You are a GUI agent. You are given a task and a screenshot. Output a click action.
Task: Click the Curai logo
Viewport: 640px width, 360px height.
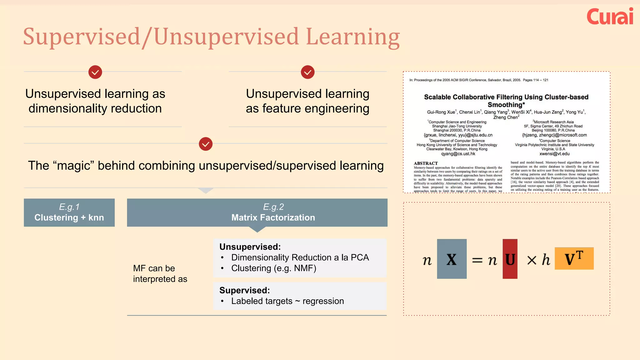610,17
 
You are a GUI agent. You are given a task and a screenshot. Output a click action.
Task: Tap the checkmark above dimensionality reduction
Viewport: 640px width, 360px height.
95,72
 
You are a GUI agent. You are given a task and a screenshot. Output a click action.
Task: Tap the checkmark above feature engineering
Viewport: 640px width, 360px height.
307,72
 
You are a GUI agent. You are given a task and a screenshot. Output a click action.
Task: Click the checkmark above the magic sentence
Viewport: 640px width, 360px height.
206,144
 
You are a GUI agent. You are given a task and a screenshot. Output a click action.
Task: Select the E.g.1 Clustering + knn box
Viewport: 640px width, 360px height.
69,212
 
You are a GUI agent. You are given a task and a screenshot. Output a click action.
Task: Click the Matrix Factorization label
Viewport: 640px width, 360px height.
273,217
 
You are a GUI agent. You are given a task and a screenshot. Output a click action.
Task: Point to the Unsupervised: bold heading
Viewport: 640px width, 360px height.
250,247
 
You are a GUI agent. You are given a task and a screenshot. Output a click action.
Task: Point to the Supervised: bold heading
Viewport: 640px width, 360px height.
244,290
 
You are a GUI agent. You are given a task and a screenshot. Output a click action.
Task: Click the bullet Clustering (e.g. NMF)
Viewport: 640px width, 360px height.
273,268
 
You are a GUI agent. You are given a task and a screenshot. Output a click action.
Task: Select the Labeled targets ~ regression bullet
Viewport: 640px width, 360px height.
287,301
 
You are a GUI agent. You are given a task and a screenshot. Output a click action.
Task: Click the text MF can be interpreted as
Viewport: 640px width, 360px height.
160,273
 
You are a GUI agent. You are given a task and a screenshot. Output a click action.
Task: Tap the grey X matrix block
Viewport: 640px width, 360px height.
452,259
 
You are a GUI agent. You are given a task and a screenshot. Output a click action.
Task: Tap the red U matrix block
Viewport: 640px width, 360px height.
510,259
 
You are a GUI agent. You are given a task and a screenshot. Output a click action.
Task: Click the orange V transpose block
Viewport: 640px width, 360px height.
574,258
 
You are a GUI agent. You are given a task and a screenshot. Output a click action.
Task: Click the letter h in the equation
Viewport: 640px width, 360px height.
546,260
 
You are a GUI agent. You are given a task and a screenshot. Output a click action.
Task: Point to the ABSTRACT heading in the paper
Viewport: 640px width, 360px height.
426,163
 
